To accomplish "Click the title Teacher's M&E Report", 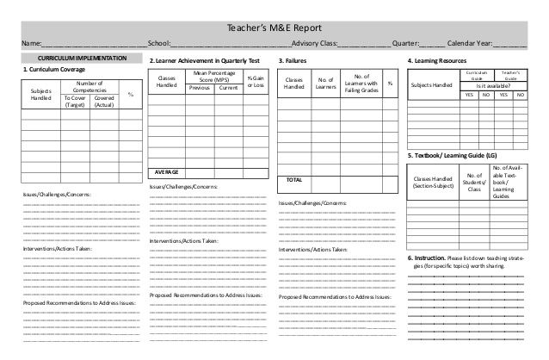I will click(274, 27).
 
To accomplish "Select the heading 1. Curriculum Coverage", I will click(53, 69).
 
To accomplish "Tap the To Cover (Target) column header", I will click(75, 102).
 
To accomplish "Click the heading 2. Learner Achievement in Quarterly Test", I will click(204, 61).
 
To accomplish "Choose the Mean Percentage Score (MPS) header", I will click(211, 78).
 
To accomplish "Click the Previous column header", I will click(200, 88).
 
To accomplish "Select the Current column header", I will click(228, 88).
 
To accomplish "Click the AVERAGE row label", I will click(167, 171).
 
